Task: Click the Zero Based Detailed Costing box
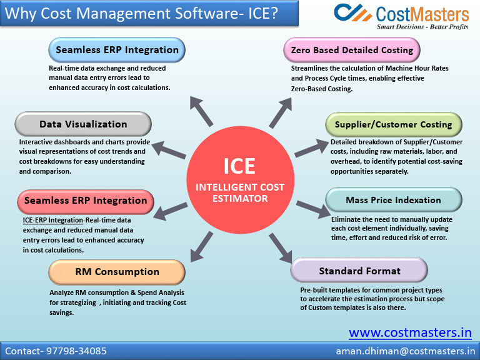click(352, 50)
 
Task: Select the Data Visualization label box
click(83, 124)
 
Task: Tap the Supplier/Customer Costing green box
click(393, 124)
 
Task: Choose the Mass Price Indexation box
click(394, 200)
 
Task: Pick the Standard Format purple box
click(359, 271)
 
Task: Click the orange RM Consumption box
click(117, 272)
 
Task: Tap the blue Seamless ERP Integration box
click(117, 50)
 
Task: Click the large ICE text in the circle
click(240, 166)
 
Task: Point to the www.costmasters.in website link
click(410, 332)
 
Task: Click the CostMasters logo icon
click(352, 12)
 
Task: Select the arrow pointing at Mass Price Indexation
click(309, 209)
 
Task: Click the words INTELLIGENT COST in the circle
click(240, 187)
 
